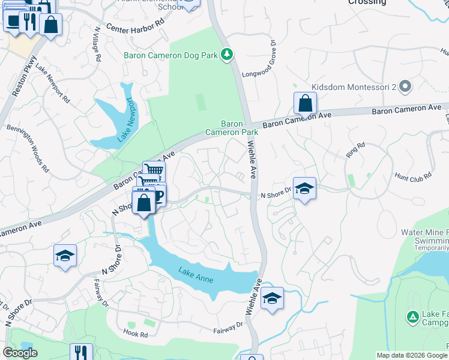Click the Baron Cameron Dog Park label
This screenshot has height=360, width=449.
pos(170,56)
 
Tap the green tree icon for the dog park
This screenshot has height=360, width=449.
pos(227,55)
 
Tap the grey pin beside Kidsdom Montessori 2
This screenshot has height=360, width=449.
pos(405,87)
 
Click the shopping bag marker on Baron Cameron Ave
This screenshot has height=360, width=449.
pos(306,104)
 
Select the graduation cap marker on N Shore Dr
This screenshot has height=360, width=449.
pos(304,189)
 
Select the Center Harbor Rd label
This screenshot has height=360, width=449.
pos(134,28)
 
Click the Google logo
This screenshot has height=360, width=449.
pos(20,353)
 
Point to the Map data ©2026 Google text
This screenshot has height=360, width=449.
pos(411,355)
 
